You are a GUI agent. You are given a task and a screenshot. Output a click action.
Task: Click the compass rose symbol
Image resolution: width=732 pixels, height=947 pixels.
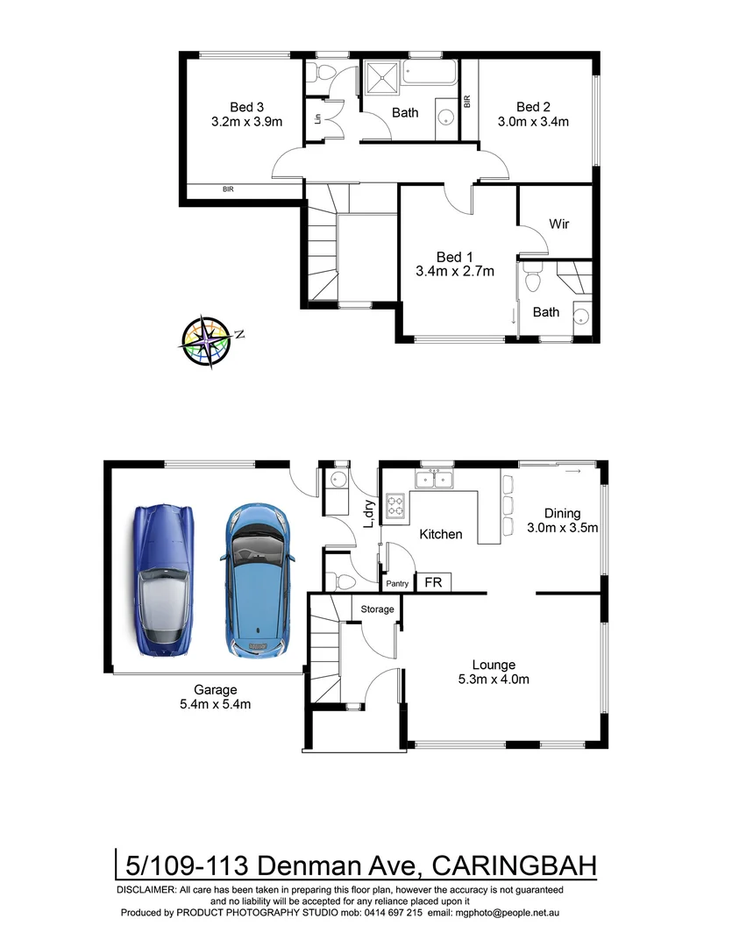pos(210,341)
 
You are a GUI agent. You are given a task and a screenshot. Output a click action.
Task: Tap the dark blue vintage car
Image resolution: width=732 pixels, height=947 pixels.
pos(166,583)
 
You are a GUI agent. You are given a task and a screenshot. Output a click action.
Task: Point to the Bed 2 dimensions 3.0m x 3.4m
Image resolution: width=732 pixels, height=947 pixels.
pos(533,122)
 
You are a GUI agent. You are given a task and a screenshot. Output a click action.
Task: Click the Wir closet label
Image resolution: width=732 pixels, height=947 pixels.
pos(559,224)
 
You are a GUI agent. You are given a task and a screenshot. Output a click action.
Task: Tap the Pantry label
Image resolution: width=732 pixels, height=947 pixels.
pos(397,584)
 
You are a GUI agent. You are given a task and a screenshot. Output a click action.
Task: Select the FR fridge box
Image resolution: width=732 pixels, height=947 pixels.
pos(433,582)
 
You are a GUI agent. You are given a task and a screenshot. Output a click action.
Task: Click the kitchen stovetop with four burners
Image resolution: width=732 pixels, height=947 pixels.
pos(396,506)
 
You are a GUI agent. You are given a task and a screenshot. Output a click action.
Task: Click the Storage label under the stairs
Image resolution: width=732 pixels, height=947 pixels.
pos(377,609)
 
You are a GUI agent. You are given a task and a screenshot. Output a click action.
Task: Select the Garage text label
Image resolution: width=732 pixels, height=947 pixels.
pos(215,689)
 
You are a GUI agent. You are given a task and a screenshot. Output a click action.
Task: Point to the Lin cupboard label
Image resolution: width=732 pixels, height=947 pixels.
pos(317,117)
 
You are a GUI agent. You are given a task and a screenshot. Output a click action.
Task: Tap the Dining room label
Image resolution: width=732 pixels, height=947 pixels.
pos(562,514)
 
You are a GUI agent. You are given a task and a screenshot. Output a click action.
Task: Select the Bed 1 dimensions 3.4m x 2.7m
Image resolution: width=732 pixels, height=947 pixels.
pos(454,271)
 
